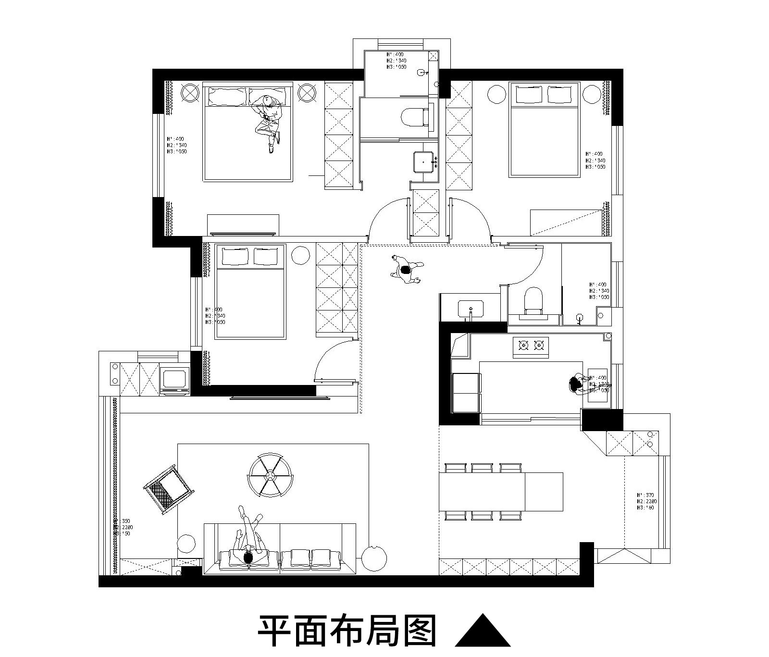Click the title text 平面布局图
(x=347, y=631)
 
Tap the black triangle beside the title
(x=483, y=632)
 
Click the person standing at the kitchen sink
(x=575, y=384)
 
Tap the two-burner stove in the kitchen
(x=531, y=345)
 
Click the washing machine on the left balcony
(x=174, y=380)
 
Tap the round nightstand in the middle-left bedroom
(x=300, y=255)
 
